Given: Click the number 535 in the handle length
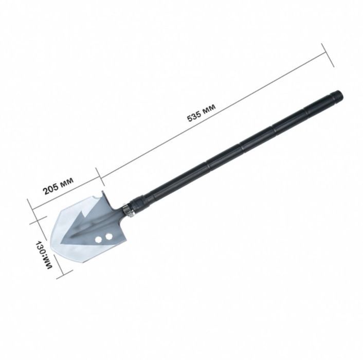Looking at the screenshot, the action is click(x=194, y=116).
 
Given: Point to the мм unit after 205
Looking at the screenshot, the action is click(x=67, y=181).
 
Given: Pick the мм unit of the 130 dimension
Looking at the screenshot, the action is click(x=48, y=262).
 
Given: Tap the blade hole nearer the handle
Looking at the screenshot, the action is click(x=108, y=237).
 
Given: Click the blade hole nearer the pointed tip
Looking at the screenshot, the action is click(x=99, y=239).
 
